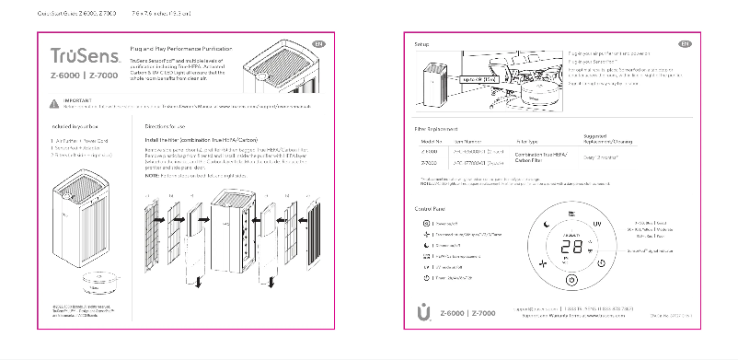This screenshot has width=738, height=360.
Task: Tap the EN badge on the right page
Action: pos(685,43)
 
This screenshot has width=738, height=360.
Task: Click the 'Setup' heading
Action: pos(421,44)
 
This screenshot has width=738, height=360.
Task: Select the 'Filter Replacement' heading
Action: pos(438,130)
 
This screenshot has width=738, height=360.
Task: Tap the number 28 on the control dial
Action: pos(571,248)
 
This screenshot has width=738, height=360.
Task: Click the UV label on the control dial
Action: pos(597,224)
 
